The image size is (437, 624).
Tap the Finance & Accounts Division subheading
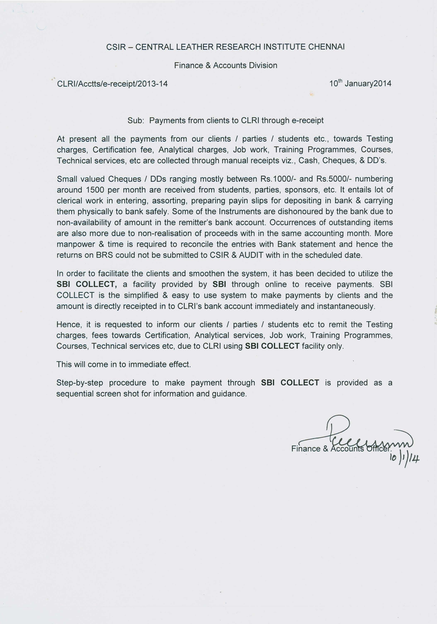pos(226,66)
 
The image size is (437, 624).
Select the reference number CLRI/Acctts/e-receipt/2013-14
pos(112,84)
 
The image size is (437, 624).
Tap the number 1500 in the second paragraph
pos(95,190)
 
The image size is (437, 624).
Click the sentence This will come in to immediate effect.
pos(124,364)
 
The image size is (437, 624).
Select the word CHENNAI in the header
pos(326,47)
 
